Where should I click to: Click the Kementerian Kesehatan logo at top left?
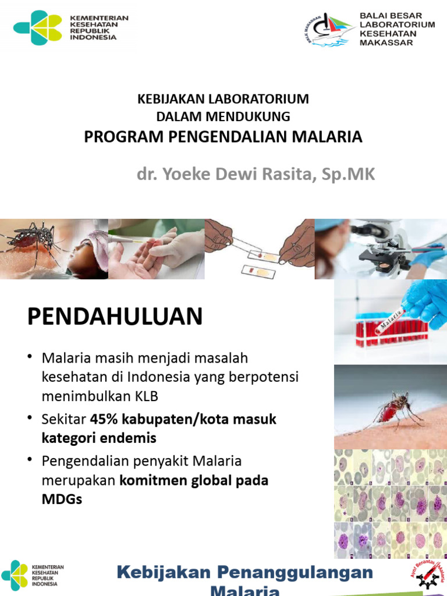click(38, 28)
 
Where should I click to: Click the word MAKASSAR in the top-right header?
click(386, 42)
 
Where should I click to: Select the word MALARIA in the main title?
click(334, 137)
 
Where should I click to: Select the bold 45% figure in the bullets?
click(101, 419)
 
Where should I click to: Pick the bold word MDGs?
click(62, 499)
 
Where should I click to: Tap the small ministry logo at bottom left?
click(15, 574)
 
